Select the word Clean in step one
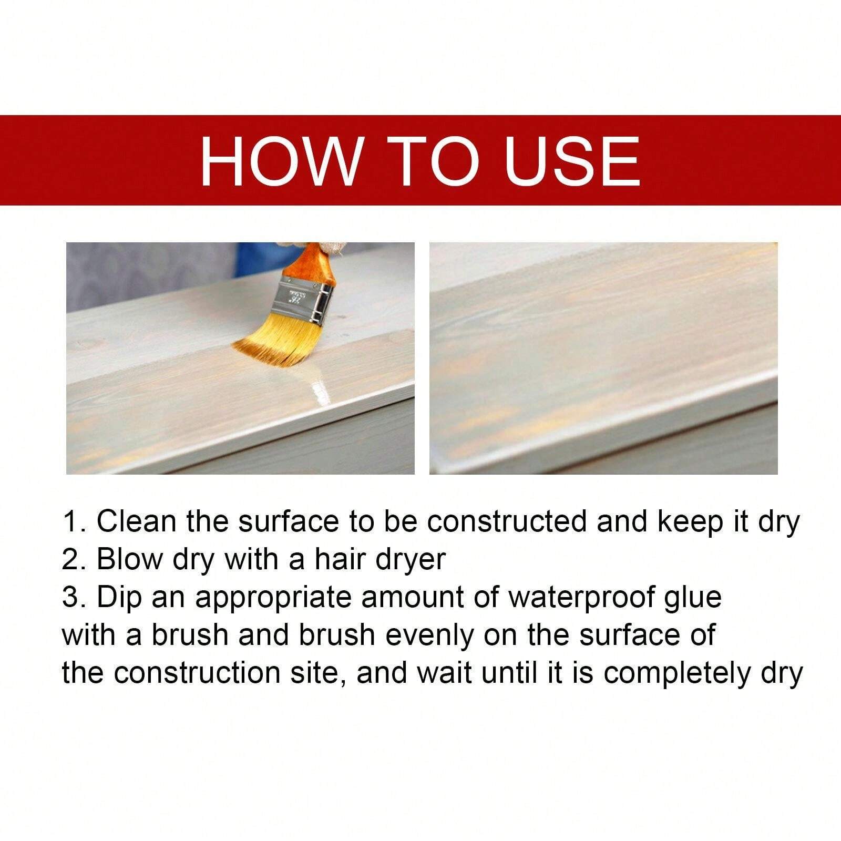click(x=137, y=521)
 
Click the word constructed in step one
click(x=507, y=521)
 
